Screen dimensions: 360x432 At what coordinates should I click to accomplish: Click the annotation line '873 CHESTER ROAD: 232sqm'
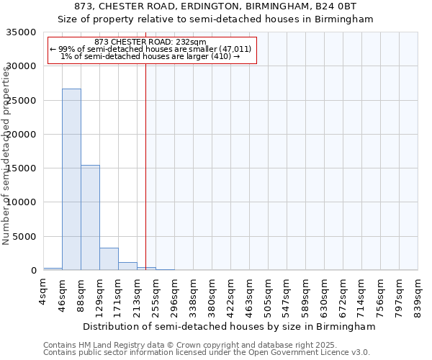[150, 42]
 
